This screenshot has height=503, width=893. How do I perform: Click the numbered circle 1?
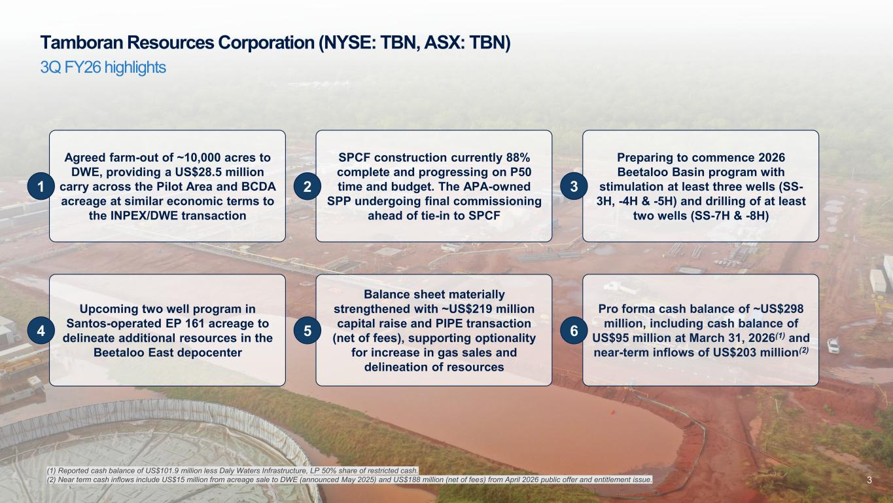click(41, 186)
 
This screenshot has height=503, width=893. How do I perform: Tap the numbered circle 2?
click(307, 186)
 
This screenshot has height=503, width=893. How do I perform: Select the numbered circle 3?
click(574, 186)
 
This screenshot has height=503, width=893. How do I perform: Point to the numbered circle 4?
click(41, 331)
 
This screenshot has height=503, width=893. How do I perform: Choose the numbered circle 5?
click(307, 331)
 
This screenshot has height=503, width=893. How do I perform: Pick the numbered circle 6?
click(574, 331)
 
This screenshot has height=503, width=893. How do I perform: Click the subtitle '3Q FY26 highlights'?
click(103, 67)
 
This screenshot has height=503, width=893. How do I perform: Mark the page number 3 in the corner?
click(869, 480)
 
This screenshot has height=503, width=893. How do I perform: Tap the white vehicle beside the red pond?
click(833, 345)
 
